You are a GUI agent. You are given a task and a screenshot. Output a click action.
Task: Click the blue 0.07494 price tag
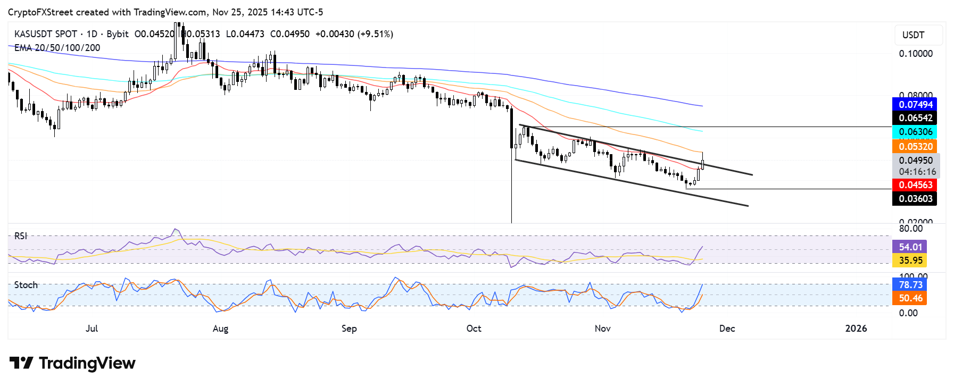coord(915,105)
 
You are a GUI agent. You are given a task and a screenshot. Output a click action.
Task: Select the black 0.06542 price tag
coord(915,118)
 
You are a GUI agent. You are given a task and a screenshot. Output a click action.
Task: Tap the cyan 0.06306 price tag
coord(915,132)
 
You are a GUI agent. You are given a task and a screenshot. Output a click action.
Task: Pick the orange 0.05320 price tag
coord(915,146)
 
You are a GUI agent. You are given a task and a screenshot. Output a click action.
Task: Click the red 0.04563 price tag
coord(915,185)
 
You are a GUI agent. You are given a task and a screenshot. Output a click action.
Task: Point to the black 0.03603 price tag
coord(915,199)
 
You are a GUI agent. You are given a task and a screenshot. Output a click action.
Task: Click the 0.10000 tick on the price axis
coord(915,54)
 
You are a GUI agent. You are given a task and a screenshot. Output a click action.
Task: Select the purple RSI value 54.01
coord(910,247)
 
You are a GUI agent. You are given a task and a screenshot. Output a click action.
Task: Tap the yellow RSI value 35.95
coord(910,260)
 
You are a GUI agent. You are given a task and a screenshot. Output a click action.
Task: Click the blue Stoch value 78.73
coord(910,285)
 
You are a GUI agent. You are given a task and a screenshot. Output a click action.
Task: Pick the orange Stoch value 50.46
coord(910,298)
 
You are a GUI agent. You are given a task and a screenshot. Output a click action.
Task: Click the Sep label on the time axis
coord(349,329)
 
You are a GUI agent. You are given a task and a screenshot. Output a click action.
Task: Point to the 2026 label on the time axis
coord(856,329)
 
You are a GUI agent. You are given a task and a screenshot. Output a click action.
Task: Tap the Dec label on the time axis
coord(727,329)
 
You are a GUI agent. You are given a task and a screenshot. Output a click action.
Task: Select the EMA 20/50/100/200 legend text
coord(57,48)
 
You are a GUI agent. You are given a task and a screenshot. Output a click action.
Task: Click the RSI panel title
coord(21,236)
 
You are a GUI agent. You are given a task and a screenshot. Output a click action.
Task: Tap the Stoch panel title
coord(26,285)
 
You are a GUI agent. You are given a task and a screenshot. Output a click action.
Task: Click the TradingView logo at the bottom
coord(73,364)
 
